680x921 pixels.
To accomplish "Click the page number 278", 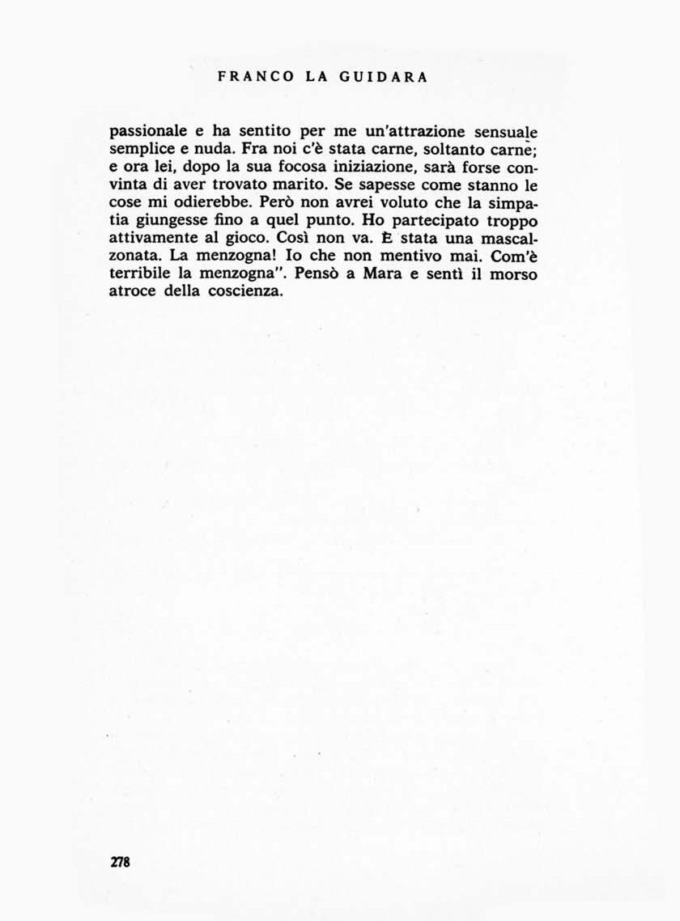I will (x=120, y=862).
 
